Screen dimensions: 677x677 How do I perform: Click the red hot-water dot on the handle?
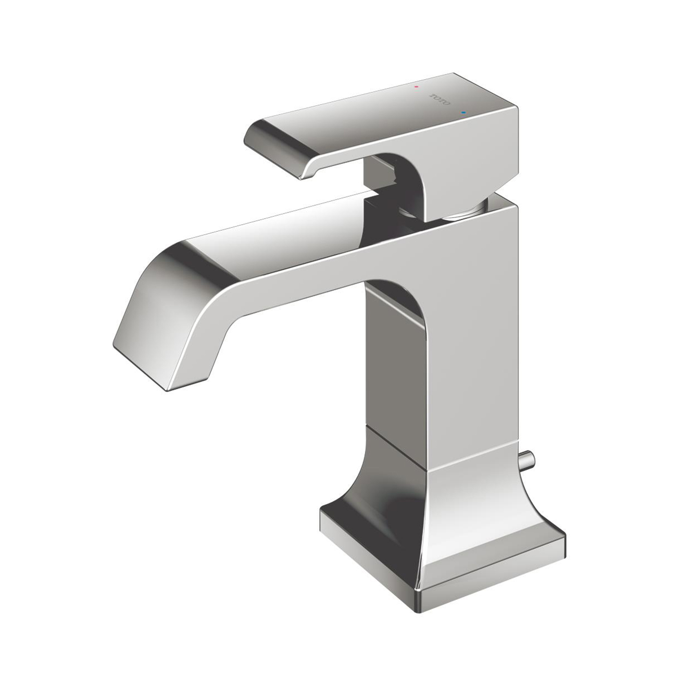(416, 86)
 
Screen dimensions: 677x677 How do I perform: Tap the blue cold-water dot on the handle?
(463, 113)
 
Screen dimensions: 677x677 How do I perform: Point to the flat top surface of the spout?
(288, 232)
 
